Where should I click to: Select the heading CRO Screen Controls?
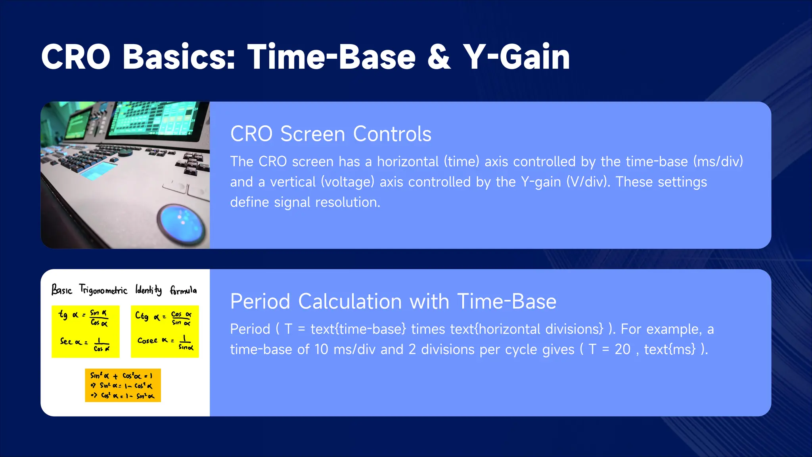pos(331,134)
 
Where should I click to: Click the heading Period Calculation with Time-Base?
pos(393,301)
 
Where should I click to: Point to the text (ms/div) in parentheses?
pos(718,161)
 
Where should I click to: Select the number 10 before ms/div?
pos(321,349)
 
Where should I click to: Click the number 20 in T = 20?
pos(622,349)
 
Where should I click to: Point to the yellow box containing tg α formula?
pos(85,331)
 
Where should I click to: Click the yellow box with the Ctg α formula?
pos(165,331)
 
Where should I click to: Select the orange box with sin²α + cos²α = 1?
pos(123,385)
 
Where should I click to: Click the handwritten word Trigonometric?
pos(103,290)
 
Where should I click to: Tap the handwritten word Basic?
pos(62,290)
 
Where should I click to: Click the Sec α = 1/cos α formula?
pos(84,344)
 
